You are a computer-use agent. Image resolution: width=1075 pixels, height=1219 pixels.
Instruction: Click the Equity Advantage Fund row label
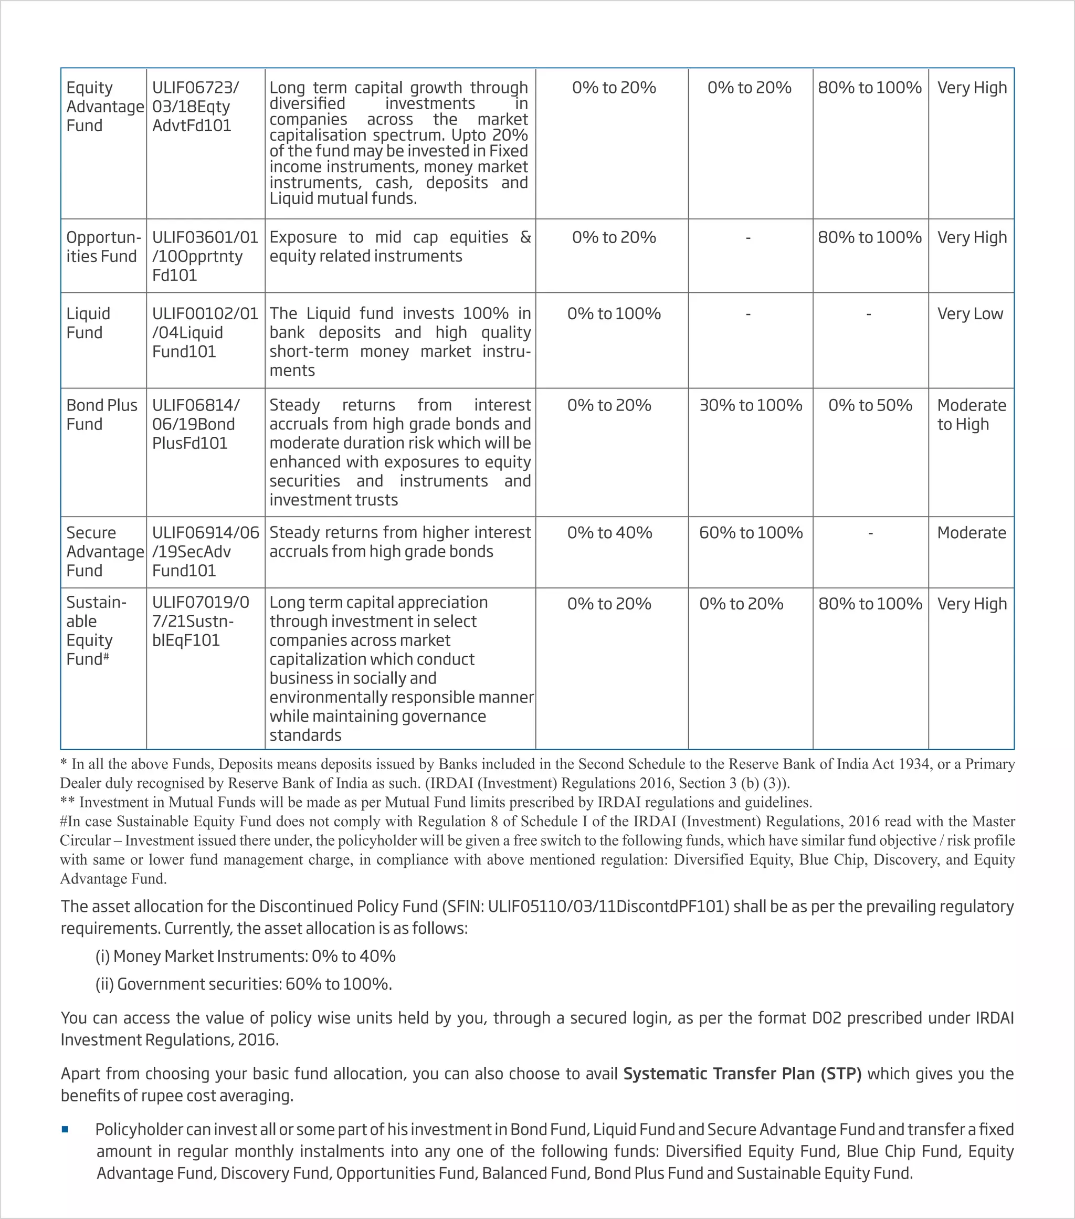pos(104,107)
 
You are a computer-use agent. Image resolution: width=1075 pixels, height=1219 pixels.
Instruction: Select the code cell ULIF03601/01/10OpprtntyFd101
pos(205,256)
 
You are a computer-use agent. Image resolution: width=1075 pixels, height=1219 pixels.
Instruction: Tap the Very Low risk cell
pos(969,314)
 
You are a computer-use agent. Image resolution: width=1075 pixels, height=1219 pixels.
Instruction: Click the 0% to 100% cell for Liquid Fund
pos(614,314)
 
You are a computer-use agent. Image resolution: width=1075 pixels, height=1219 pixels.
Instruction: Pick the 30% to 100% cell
pos(750,405)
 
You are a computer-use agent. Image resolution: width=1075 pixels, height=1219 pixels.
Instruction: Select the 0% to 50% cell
pos(869,405)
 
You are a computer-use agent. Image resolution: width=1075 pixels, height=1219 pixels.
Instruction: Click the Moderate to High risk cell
pos(971,415)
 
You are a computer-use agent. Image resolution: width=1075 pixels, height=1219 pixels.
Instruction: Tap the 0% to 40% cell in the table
pos(609,532)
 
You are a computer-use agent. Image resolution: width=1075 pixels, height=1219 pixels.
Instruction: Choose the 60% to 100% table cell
pos(750,532)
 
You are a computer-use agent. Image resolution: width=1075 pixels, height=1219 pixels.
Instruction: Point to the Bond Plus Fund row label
pos(101,415)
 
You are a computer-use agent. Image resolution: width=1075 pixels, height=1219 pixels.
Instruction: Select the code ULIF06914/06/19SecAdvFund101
pos(205,552)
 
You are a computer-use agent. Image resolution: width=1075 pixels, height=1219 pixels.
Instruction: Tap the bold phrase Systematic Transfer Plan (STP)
pos(742,1074)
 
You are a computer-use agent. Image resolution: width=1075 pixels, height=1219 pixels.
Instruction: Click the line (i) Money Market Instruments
pos(245,957)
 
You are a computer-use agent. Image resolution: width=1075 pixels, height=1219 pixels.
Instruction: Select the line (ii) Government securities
pos(243,984)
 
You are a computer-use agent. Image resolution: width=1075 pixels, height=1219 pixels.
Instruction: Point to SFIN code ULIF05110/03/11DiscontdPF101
pos(607,907)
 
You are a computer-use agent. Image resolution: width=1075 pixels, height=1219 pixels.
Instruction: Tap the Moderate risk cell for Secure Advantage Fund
pos(971,532)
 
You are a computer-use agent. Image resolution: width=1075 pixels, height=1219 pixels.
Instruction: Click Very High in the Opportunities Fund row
pos(971,237)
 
